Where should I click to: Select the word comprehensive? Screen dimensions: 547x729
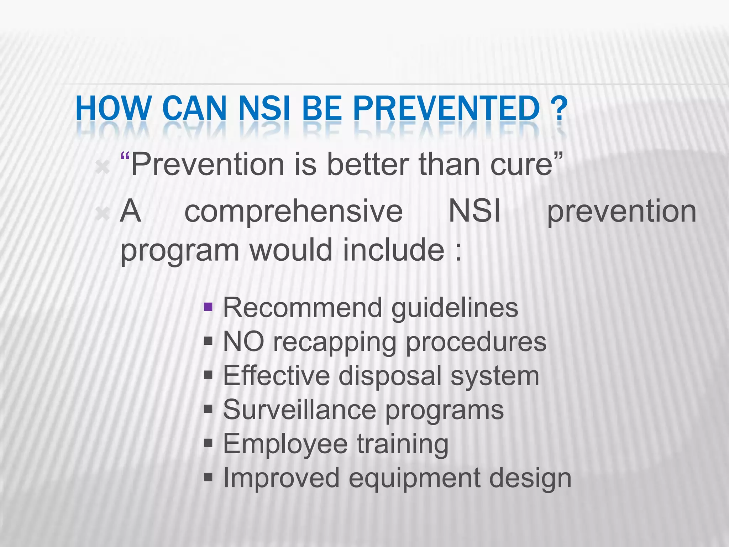tap(293, 212)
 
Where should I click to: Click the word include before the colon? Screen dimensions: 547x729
tap(394, 250)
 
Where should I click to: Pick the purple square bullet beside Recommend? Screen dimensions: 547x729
tap(208, 307)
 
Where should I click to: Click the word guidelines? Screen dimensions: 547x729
tap(455, 308)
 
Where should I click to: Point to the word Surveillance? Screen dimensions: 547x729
tap(299, 410)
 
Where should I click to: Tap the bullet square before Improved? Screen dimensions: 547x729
tap(208, 476)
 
